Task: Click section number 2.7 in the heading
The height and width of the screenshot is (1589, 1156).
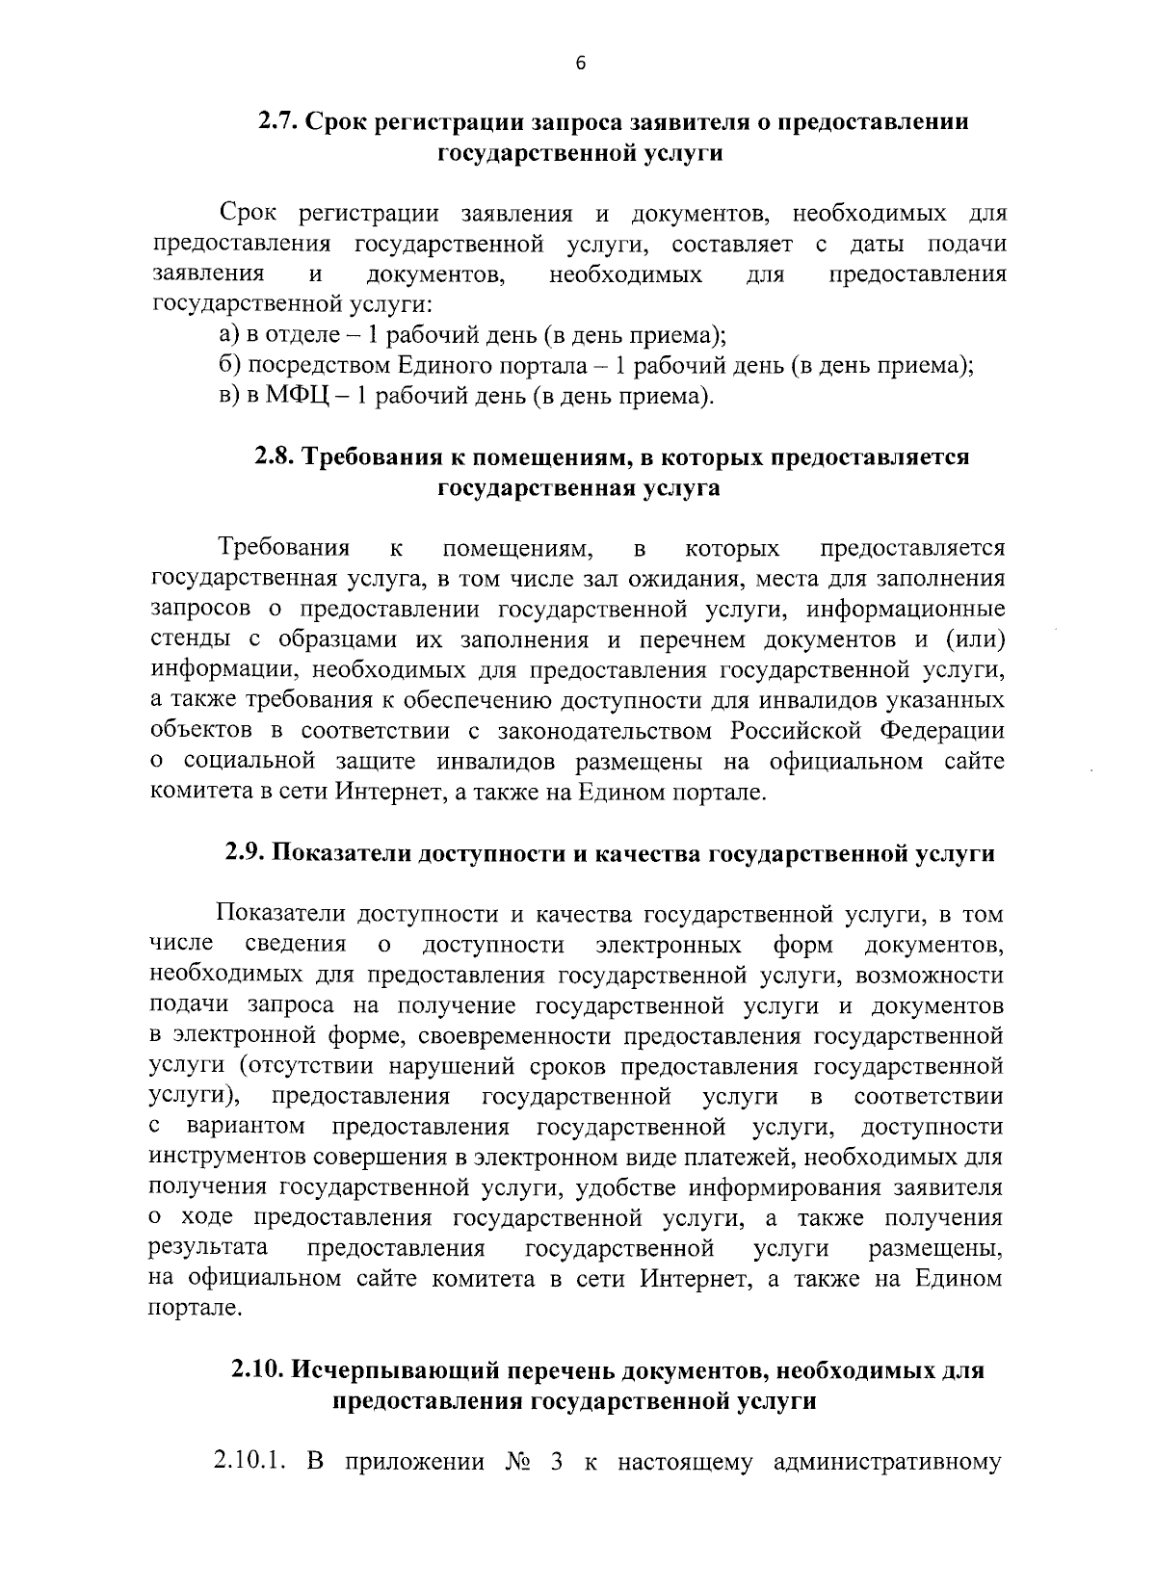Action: pos(278,122)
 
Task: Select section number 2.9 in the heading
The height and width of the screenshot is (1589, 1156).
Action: pos(247,853)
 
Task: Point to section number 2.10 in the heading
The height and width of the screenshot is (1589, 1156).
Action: pos(257,1369)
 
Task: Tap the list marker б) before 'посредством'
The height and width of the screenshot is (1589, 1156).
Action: pos(228,366)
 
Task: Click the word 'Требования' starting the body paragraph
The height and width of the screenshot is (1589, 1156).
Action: pos(283,549)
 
